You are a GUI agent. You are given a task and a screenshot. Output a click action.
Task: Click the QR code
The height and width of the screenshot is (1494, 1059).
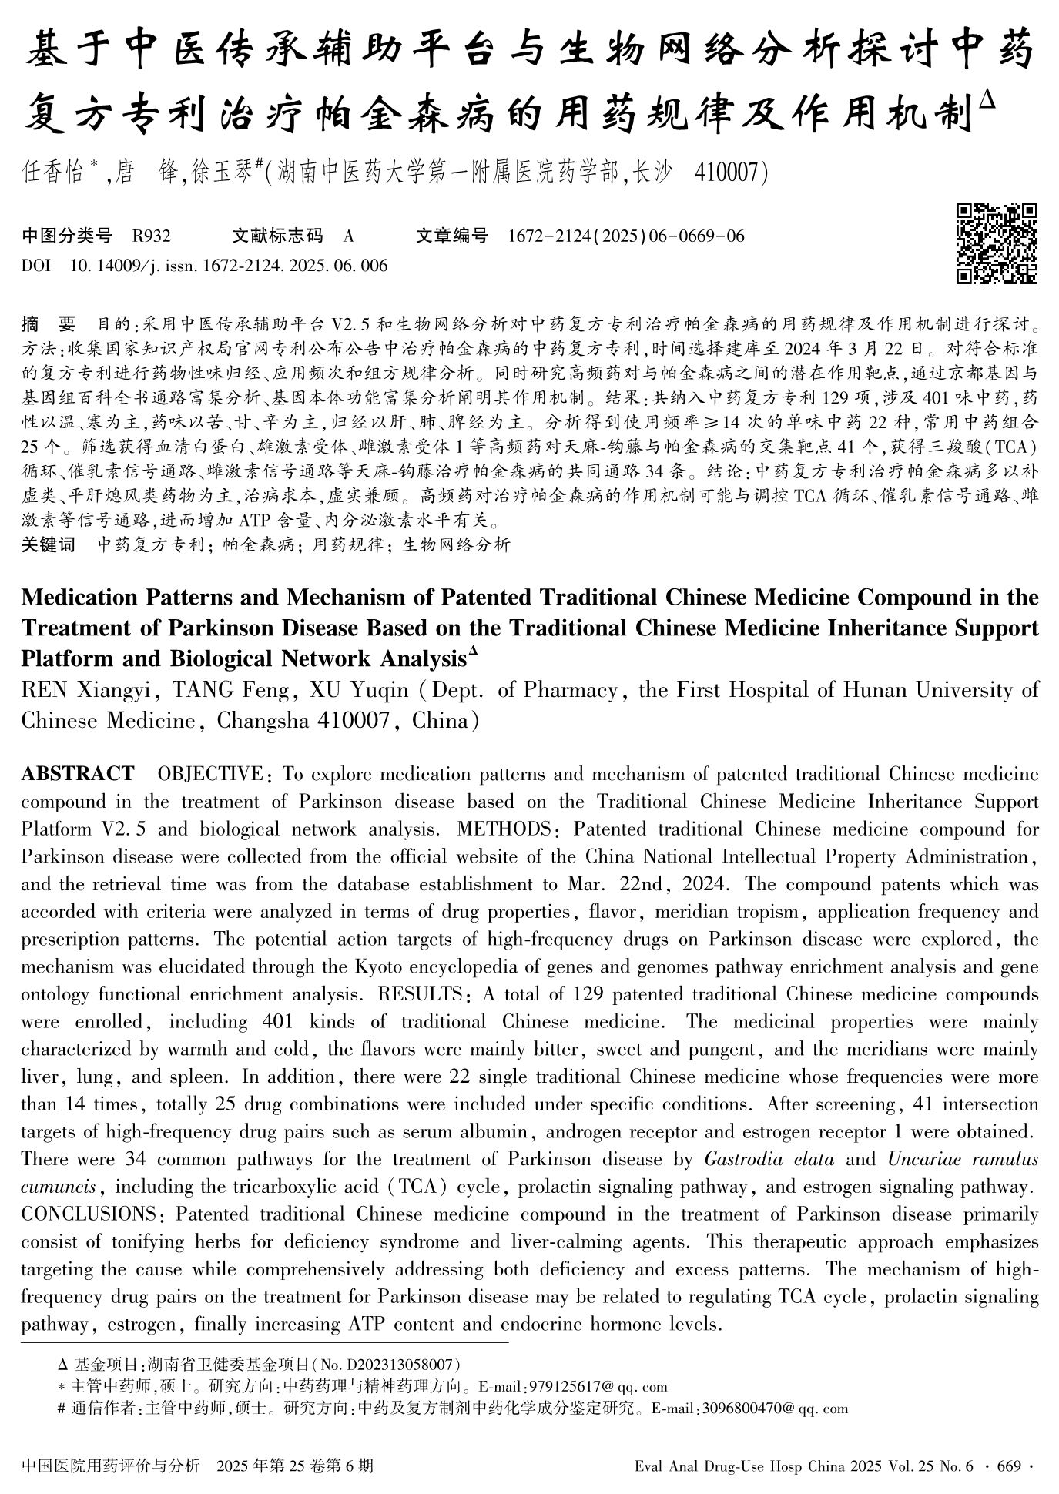tap(997, 243)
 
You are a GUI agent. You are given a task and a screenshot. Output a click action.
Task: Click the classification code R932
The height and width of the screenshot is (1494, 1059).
tap(152, 236)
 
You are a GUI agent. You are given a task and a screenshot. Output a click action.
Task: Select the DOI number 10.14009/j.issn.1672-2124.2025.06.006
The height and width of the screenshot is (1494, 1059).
tap(229, 266)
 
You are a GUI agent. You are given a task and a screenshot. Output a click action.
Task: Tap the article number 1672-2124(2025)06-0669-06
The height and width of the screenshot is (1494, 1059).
tap(626, 236)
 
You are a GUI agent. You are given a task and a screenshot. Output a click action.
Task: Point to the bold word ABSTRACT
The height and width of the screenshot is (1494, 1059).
tap(78, 773)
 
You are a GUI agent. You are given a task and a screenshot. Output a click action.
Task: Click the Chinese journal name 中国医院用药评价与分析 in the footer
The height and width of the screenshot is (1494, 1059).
tap(111, 1466)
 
